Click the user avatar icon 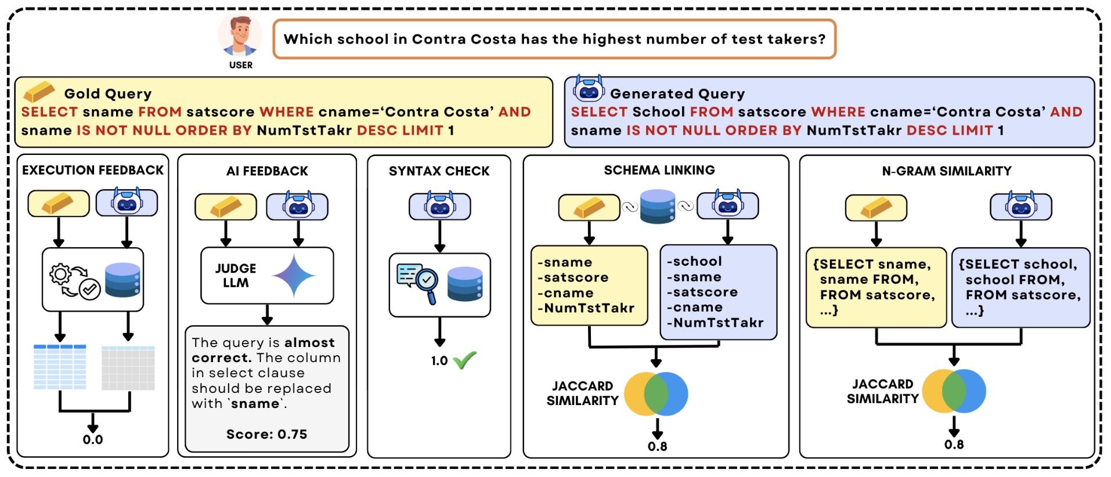(240, 35)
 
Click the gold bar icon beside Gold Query (39, 91)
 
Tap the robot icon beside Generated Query (589, 89)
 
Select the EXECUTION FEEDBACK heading (93, 170)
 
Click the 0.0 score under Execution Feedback (93, 439)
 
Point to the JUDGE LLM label (236, 276)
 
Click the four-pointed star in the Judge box (294, 276)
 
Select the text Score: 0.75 (266, 434)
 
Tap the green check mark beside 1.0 (464, 360)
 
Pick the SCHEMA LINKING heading (659, 170)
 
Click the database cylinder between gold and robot (657, 207)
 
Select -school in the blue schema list (695, 262)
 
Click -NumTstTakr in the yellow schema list (586, 308)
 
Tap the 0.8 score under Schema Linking (657, 446)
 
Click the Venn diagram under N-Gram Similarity (954, 391)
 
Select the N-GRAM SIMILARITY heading (946, 171)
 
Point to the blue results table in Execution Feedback (60, 367)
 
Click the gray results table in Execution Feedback (128, 368)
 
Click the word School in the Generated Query (659, 112)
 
